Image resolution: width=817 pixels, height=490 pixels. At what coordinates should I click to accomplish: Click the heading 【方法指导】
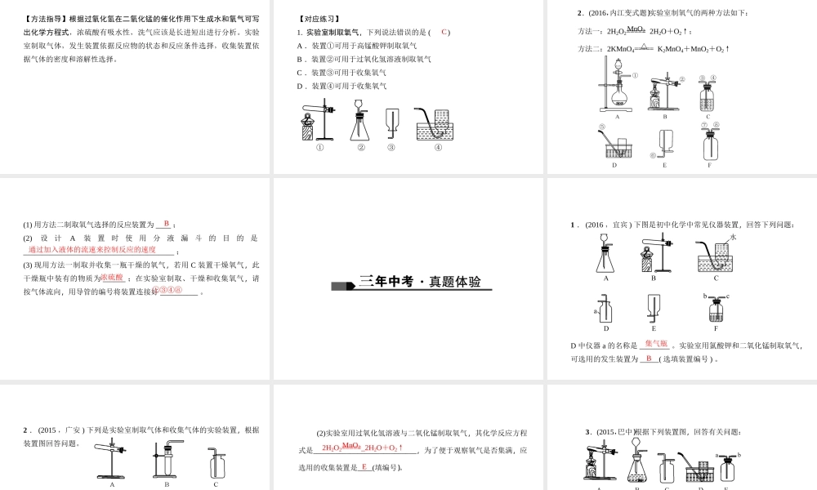tap(46, 19)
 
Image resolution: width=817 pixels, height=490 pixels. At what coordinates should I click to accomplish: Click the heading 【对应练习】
tap(319, 19)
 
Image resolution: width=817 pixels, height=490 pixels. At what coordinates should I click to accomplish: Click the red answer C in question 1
tap(444, 32)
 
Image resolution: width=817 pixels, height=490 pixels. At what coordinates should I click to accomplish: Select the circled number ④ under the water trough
tap(438, 148)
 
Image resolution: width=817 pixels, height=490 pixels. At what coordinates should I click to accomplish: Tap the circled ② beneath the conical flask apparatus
tap(361, 148)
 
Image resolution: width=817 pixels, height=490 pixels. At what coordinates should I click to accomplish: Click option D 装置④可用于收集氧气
tap(342, 86)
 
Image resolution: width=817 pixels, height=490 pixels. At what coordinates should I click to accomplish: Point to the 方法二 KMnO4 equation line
tap(654, 49)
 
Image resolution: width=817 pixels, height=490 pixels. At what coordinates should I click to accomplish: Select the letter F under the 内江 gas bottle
tap(709, 165)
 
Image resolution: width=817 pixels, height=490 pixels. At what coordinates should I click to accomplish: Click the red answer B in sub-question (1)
tap(166, 224)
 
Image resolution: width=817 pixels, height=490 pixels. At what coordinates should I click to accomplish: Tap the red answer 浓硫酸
tap(113, 278)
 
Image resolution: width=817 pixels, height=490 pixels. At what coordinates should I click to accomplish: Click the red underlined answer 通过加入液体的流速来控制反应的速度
tap(92, 250)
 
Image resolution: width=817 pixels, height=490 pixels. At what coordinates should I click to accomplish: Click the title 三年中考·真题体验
tap(420, 282)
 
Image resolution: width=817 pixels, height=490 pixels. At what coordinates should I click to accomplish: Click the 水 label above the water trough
tap(733, 237)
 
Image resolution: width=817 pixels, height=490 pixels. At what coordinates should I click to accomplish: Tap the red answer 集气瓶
tap(656, 344)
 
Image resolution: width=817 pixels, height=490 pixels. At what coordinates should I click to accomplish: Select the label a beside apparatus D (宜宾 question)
tap(595, 310)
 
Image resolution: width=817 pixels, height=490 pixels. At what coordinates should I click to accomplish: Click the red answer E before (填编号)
tap(364, 467)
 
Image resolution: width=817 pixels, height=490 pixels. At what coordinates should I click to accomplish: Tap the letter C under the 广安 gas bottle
tap(216, 484)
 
